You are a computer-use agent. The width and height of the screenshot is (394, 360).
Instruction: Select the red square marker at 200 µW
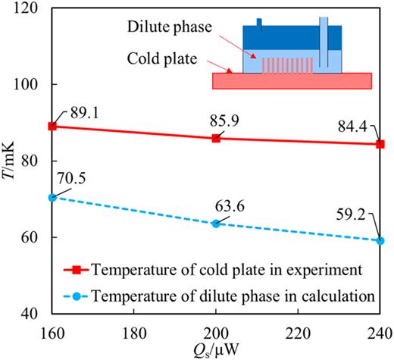[216, 138]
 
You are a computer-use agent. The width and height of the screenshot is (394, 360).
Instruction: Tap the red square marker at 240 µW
[380, 144]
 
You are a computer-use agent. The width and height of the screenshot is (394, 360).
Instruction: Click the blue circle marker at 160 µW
[52, 197]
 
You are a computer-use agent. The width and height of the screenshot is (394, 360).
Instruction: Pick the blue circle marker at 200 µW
[216, 224]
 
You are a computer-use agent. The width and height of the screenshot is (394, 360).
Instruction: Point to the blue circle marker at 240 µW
[380, 240]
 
